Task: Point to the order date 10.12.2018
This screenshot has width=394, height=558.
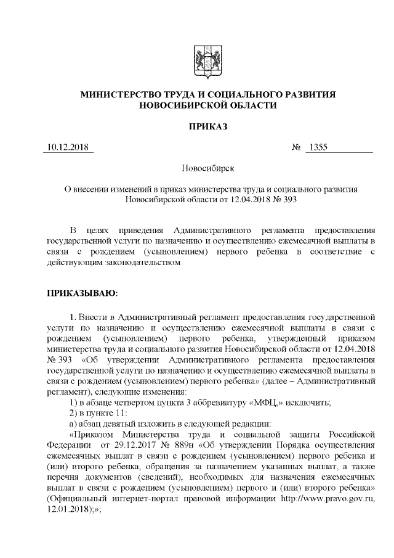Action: [x=68, y=148]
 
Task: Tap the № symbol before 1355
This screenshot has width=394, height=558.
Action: [x=295, y=148]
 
